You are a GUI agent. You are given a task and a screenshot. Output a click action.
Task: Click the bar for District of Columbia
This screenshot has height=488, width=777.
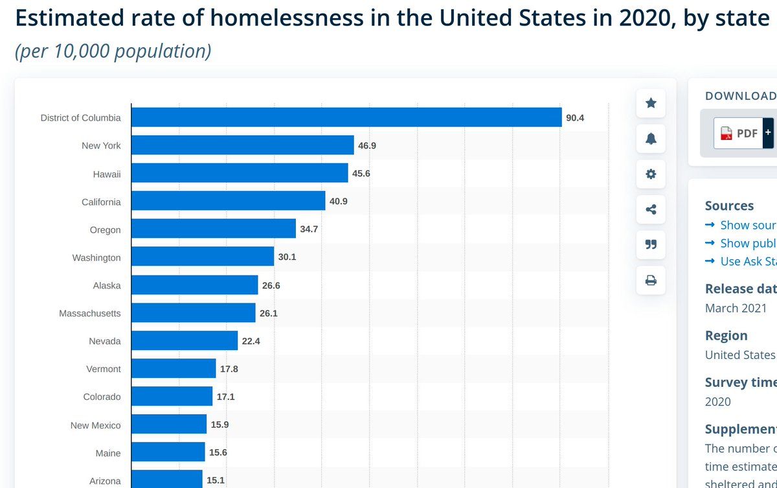pos(346,117)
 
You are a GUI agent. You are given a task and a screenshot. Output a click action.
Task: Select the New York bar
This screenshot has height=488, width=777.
pos(243,145)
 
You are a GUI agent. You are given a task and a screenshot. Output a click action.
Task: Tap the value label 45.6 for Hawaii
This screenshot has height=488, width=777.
pos(361,174)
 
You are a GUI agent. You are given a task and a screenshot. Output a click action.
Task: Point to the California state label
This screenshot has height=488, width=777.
pos(101,202)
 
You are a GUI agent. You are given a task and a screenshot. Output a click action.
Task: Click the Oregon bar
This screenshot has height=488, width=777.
pos(214,229)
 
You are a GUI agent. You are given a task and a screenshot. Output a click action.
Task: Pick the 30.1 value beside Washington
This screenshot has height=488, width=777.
pos(287,257)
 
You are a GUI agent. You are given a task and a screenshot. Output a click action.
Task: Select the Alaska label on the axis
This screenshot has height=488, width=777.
pos(107,285)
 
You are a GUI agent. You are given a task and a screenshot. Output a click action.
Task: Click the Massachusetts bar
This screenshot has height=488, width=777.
pos(194,313)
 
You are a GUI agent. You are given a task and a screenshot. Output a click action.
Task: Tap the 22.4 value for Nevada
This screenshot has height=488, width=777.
pos(251,341)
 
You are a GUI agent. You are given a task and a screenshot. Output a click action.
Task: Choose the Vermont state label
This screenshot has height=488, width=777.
pos(104,369)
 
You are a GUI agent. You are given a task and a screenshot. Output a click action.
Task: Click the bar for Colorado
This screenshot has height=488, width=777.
pos(172,397)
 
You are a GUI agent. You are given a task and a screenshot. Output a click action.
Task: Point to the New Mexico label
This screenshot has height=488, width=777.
pos(96,425)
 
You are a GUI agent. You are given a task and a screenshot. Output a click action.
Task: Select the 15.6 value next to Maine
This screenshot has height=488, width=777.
pos(218,453)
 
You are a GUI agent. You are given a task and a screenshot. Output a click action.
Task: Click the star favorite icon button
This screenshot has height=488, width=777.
pos(651,103)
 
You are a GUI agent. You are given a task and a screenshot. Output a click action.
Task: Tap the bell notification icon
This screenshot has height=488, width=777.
pos(651,138)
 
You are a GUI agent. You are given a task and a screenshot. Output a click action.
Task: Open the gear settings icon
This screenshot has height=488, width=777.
pos(651,174)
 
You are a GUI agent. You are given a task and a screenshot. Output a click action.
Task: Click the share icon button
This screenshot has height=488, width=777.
pos(651,209)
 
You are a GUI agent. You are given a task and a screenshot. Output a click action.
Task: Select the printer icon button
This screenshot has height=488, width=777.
pos(651,280)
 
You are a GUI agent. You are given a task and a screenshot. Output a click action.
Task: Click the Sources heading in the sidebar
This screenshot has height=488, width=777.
pos(729,205)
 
